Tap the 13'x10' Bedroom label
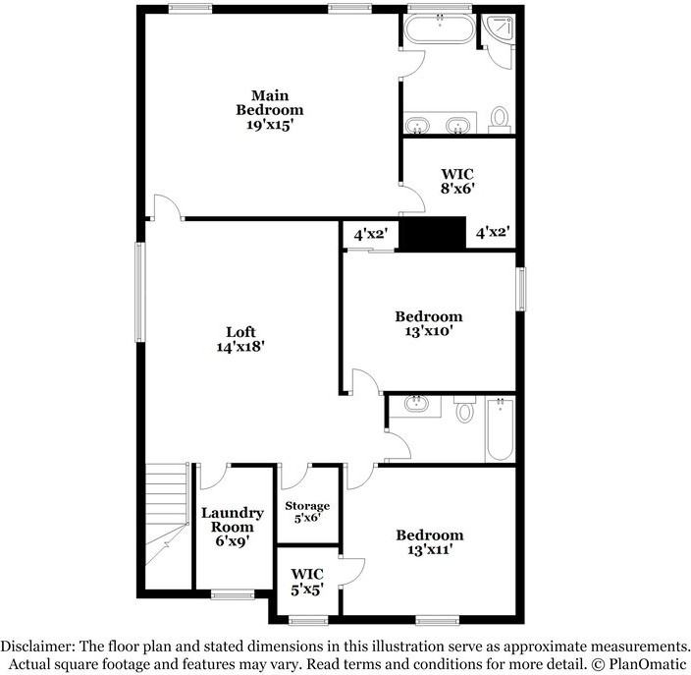point(429,323)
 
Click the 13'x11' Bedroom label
point(430,542)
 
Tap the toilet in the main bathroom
point(500,119)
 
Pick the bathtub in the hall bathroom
point(500,429)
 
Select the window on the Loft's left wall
point(140,292)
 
